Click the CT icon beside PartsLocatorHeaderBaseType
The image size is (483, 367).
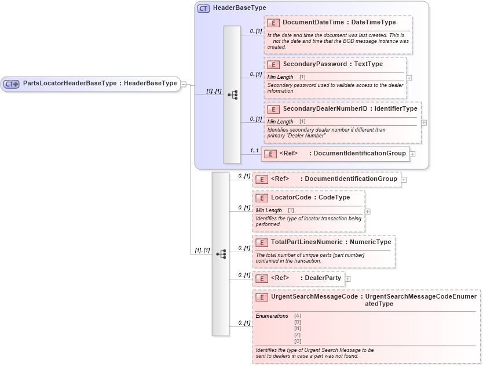pos(12,83)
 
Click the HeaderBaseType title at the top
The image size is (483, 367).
pos(239,8)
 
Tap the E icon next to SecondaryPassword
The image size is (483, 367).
pos(273,64)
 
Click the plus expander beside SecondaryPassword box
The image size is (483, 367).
pos(409,78)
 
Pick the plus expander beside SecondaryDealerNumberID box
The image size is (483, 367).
pos(423,122)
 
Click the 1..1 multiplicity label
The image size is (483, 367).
pos(254,150)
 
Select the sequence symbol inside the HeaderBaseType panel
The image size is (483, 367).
pos(232,95)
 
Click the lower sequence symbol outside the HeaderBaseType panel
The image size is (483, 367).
pos(221,254)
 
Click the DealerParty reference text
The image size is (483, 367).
pos(323,278)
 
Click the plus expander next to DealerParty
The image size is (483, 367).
pos(347,279)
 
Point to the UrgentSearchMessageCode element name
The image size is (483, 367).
pos(314,297)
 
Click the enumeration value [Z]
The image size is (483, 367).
pos(298,335)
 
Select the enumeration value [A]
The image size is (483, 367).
pos(298,315)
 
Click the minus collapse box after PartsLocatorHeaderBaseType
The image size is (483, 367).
pos(184,83)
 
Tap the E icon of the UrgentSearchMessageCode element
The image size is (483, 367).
pos(262,297)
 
